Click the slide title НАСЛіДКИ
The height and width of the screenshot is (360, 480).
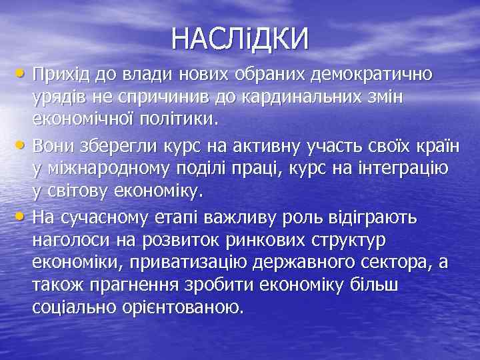coord(240,38)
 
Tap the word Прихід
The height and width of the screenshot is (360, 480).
coord(61,73)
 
